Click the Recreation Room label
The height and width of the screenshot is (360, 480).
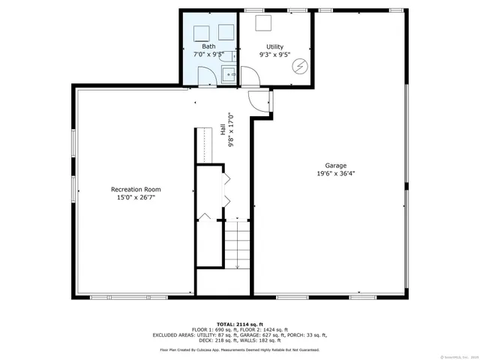(x=136, y=189)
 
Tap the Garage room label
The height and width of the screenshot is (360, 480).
(x=335, y=165)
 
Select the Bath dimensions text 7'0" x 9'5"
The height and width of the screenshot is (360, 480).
(x=208, y=55)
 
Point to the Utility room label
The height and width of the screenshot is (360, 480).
(x=274, y=46)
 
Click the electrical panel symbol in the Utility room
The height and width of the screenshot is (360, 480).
(x=299, y=66)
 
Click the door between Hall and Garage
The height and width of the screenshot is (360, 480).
(x=260, y=101)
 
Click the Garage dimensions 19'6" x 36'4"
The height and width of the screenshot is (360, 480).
(x=335, y=173)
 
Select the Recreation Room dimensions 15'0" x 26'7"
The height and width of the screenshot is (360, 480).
(x=136, y=197)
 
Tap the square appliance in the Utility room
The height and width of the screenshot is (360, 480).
(x=263, y=23)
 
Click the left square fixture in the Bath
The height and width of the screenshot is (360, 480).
(x=201, y=32)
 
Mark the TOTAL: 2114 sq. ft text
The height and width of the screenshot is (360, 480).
(x=239, y=323)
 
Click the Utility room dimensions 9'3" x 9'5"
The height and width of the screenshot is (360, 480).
(x=274, y=55)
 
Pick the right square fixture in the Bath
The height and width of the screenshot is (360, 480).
(x=226, y=32)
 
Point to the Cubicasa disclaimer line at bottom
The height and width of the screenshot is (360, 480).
(x=239, y=349)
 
